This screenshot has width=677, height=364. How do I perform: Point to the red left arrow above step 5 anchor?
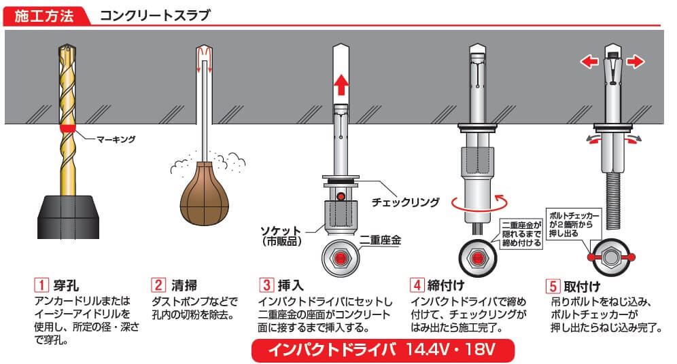coord(588,62)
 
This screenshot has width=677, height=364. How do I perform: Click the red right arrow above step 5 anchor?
coord(635,62)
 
